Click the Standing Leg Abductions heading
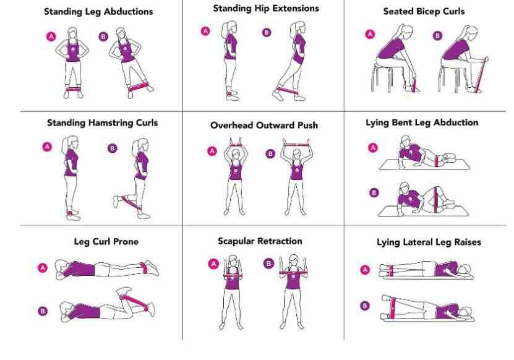(99, 12)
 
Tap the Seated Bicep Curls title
(424, 12)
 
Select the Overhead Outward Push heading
(263, 126)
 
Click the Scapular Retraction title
(260, 241)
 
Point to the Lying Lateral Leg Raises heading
(429, 242)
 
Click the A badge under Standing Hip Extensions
(205, 31)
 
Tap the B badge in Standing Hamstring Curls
(112, 148)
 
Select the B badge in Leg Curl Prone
(43, 311)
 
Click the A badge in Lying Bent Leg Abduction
(372, 147)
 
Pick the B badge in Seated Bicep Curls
(438, 36)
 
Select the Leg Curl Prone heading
(106, 242)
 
